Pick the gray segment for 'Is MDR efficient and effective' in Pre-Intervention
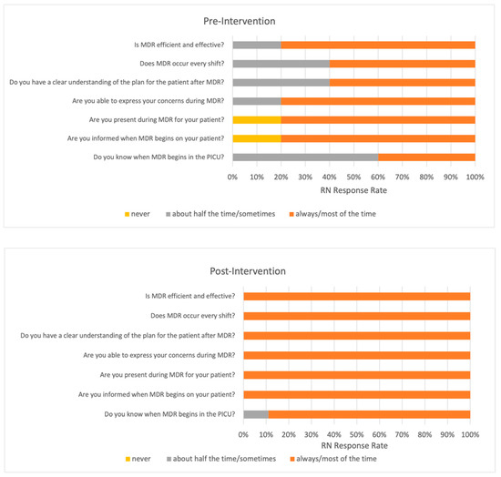point(256,44)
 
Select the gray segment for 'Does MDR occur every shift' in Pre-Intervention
point(281,63)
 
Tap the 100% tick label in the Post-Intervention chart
point(470,435)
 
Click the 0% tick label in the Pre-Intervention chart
point(233,178)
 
